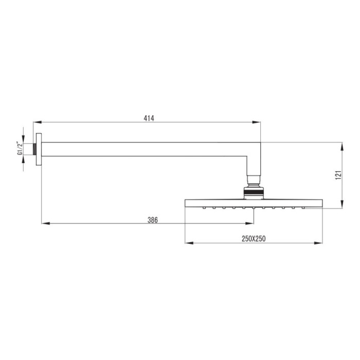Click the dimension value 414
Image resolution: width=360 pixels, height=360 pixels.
(x=149, y=118)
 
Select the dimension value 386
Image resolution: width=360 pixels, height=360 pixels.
(x=153, y=220)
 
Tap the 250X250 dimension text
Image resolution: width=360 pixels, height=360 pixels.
(x=254, y=239)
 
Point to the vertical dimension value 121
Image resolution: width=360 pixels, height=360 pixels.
(x=339, y=175)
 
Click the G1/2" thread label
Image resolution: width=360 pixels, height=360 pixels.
(x=20, y=149)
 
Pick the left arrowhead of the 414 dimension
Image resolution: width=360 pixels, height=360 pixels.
(x=37, y=122)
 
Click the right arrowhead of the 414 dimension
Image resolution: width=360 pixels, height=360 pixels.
(x=257, y=122)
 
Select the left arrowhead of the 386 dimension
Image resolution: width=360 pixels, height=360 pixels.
(x=45, y=223)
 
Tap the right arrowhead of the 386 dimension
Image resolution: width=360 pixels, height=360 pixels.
(x=250, y=223)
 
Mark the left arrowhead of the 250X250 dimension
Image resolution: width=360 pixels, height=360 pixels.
(x=189, y=243)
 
